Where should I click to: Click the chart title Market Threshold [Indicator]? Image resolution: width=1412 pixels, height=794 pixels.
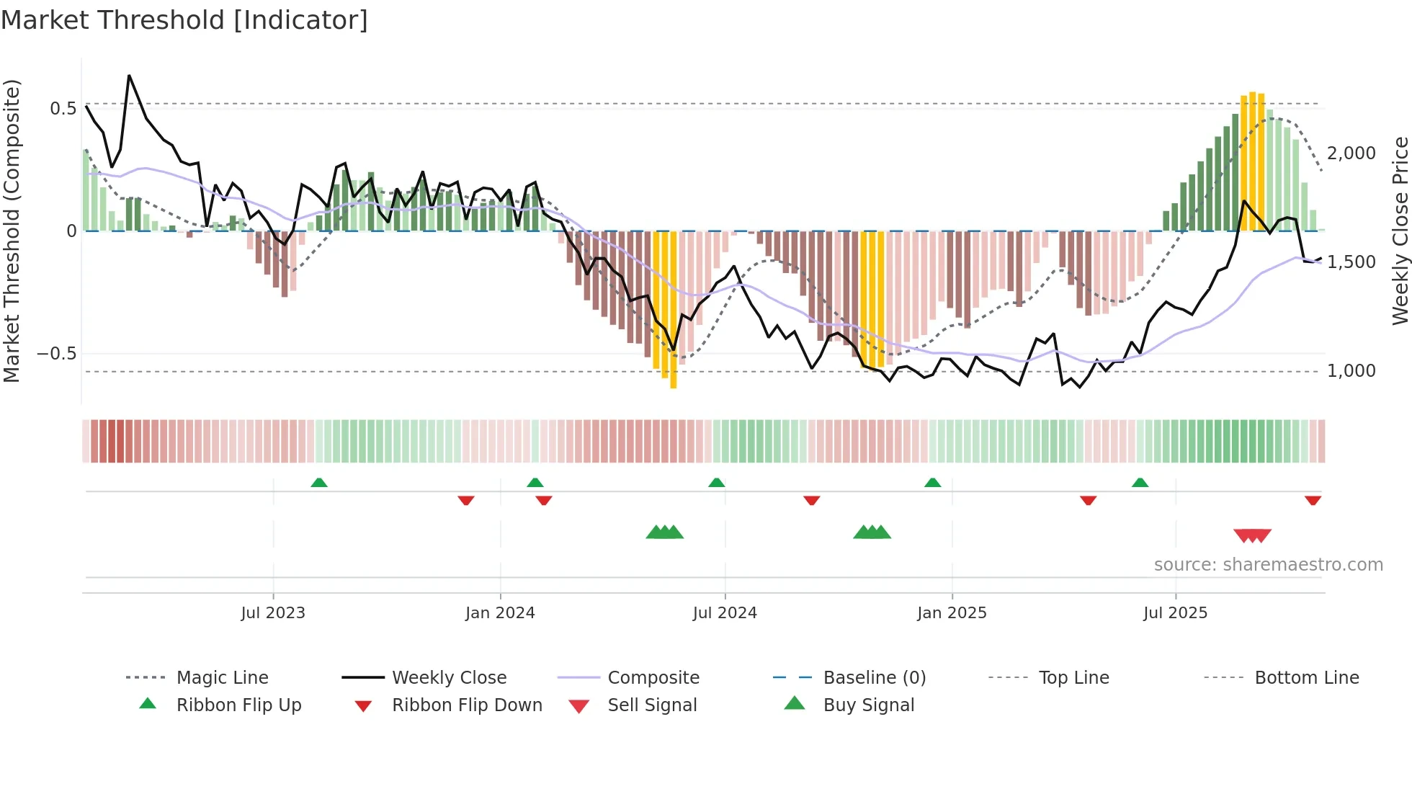tap(184, 20)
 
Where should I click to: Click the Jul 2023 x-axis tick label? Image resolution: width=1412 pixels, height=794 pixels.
tap(273, 613)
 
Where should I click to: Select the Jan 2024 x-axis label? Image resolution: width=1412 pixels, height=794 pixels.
tap(500, 613)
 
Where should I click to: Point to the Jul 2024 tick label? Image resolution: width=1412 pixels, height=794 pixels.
tap(725, 613)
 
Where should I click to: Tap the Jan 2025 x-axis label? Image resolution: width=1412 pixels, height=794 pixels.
tap(952, 613)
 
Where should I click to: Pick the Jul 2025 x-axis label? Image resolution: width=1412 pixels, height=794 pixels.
tap(1175, 613)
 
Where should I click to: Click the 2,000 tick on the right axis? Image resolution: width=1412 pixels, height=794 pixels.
tap(1351, 153)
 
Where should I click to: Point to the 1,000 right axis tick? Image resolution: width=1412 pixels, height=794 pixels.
tap(1351, 371)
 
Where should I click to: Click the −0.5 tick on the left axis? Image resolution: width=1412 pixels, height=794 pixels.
tap(57, 354)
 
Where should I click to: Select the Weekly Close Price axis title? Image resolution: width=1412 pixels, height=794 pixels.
tap(1400, 231)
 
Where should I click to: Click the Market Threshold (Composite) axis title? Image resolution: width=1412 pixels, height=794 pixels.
tap(12, 231)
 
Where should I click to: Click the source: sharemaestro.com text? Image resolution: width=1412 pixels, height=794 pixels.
tap(1268, 565)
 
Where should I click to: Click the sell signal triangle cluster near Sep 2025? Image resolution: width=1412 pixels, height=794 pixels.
tap(1252, 535)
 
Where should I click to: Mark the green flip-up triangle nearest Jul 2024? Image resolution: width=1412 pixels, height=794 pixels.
tap(716, 483)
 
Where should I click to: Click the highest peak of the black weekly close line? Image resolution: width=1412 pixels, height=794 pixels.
tap(129, 76)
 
